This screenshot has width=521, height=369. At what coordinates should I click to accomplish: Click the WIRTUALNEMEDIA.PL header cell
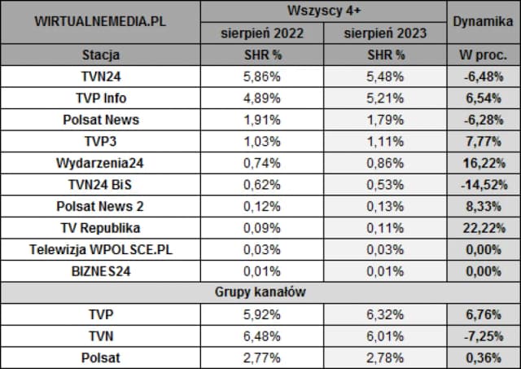click(100, 22)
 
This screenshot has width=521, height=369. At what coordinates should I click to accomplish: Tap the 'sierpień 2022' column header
click(262, 33)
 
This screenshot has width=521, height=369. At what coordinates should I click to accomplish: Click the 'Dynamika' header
click(484, 22)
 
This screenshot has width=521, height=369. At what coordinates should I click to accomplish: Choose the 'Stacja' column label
click(100, 55)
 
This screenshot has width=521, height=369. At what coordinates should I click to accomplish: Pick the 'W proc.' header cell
click(484, 55)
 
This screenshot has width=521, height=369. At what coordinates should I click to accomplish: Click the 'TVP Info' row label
click(100, 98)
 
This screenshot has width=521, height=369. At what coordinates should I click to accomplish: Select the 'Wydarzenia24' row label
click(100, 162)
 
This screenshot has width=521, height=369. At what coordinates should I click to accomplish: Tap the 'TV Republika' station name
click(100, 227)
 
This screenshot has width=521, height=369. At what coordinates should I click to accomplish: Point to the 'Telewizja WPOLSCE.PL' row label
click(100, 248)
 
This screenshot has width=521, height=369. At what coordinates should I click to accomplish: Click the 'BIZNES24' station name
click(100, 270)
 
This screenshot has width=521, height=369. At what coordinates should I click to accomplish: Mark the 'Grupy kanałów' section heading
click(260, 292)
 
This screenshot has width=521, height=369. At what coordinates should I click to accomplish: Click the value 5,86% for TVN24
click(262, 77)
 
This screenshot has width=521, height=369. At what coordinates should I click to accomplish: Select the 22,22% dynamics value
click(484, 227)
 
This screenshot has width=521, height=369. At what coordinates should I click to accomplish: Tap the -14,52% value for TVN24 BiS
click(484, 184)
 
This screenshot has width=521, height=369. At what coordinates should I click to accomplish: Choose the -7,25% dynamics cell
click(484, 335)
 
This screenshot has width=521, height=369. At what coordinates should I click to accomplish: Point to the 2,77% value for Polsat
click(262, 357)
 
